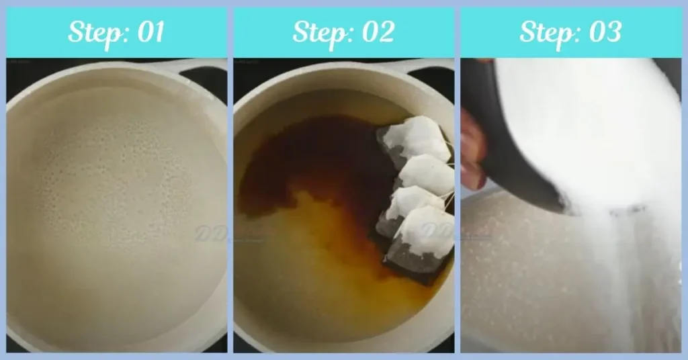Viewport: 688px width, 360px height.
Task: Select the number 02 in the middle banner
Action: tap(376, 32)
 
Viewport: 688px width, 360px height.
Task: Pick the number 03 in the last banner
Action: tap(603, 32)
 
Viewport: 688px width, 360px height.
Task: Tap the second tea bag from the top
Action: tap(426, 175)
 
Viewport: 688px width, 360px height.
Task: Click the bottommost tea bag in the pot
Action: tap(426, 232)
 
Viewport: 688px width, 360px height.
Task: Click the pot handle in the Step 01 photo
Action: tap(195, 67)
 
